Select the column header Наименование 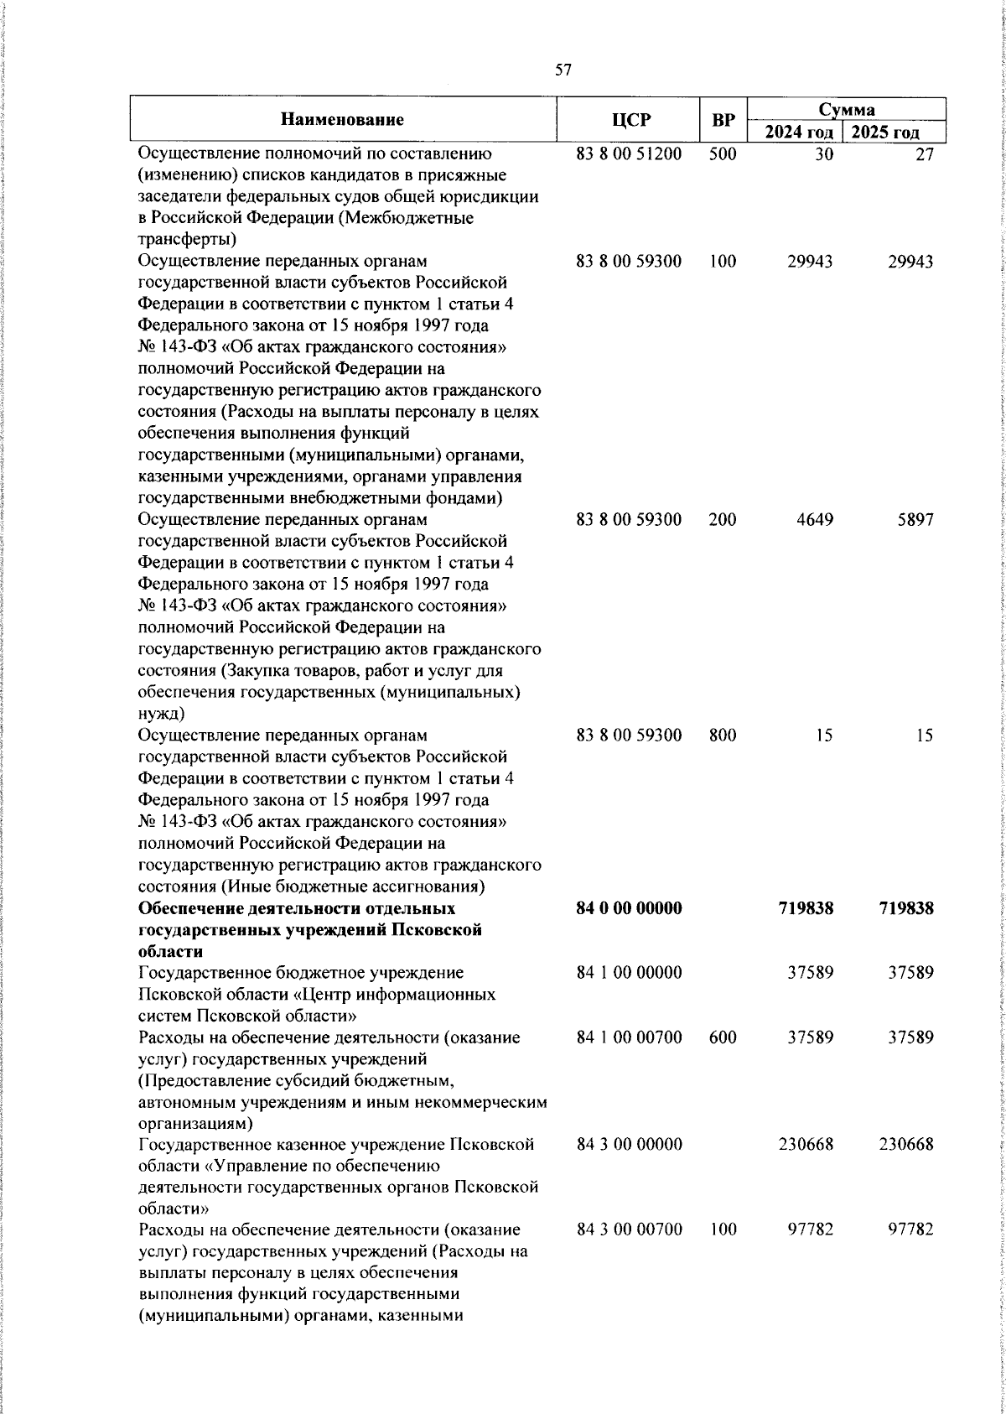pyautogui.click(x=342, y=120)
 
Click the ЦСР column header pyautogui.click(x=630, y=120)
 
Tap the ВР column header pyautogui.click(x=723, y=120)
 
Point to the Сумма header pyautogui.click(x=847, y=109)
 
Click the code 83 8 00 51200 pyautogui.click(x=629, y=154)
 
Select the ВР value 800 pyautogui.click(x=722, y=736)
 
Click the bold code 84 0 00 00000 pyautogui.click(x=629, y=908)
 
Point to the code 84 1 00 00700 pyautogui.click(x=629, y=1037)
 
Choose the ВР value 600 pyautogui.click(x=722, y=1037)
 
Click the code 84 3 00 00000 pyautogui.click(x=629, y=1145)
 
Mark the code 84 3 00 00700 pyautogui.click(x=629, y=1230)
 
